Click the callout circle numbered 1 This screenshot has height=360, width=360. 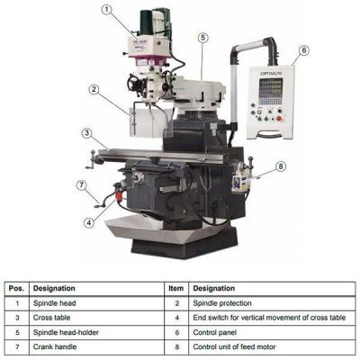point(106,10)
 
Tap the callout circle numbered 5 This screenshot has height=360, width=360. point(203,38)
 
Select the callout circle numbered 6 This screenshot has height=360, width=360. point(304,50)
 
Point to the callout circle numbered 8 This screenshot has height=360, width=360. point(281,166)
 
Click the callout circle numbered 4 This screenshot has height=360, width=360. point(89,222)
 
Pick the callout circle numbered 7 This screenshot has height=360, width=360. point(82,185)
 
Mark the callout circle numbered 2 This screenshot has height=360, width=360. point(94,89)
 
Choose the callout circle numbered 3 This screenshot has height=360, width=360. point(86,133)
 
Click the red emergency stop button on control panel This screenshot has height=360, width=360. point(279,119)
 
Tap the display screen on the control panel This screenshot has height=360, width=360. point(271,91)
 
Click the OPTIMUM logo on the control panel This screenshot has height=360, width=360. point(271,73)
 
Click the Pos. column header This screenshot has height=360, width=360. point(17,289)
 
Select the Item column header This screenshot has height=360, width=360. point(176,289)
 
